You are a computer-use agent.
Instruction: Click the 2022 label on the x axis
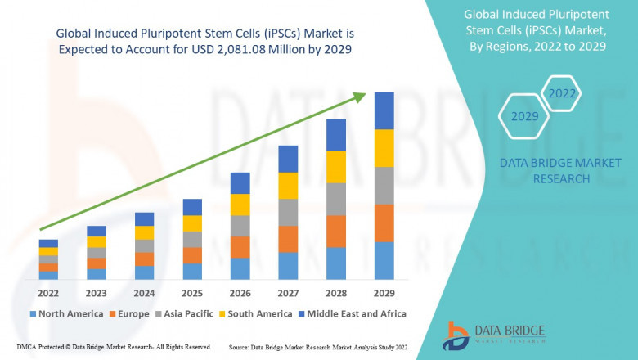coord(48,293)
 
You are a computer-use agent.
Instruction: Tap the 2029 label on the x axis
coord(384,293)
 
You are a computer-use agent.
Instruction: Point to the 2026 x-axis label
coord(240,293)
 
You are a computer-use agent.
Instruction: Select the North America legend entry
coord(66,313)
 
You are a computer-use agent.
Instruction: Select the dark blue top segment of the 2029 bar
coord(384,110)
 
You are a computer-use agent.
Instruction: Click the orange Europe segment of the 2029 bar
coord(384,223)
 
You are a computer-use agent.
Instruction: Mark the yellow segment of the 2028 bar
coord(336,167)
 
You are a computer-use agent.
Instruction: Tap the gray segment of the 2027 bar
coord(288,212)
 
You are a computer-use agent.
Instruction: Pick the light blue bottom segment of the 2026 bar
coord(240,269)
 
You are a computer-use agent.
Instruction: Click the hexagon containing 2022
coord(562,93)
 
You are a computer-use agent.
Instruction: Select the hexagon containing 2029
coord(524,117)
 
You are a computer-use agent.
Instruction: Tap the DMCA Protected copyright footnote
coord(114,348)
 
